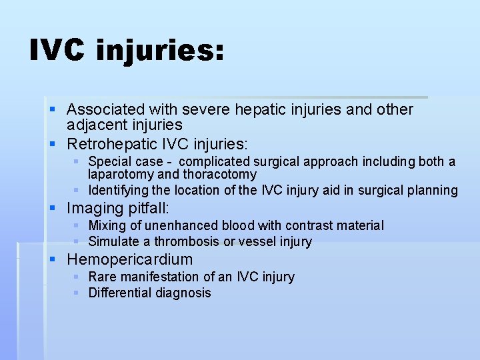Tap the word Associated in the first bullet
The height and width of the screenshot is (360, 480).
click(106, 109)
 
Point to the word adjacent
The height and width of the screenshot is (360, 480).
click(95, 125)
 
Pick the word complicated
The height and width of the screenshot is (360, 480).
click(217, 161)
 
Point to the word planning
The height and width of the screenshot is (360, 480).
click(433, 191)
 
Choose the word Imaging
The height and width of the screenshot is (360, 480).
click(94, 209)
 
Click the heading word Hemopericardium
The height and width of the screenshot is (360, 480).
click(129, 259)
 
